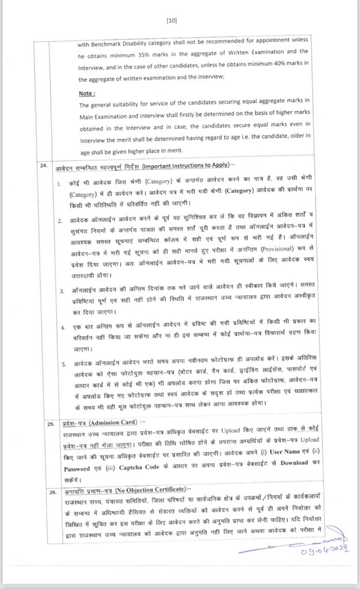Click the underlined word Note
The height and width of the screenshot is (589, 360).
tap(87, 93)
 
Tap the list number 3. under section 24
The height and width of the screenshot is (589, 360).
tap(63, 292)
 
